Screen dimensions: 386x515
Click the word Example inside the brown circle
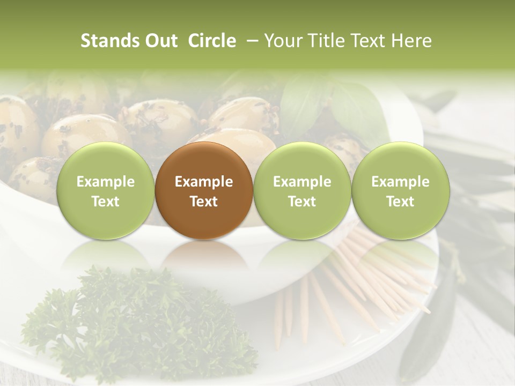(x=204, y=182)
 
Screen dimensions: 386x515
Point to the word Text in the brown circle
(x=204, y=202)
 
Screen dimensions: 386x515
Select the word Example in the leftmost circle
(x=105, y=182)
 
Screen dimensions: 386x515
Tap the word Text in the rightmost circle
(x=400, y=202)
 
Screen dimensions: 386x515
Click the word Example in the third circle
(x=302, y=182)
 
